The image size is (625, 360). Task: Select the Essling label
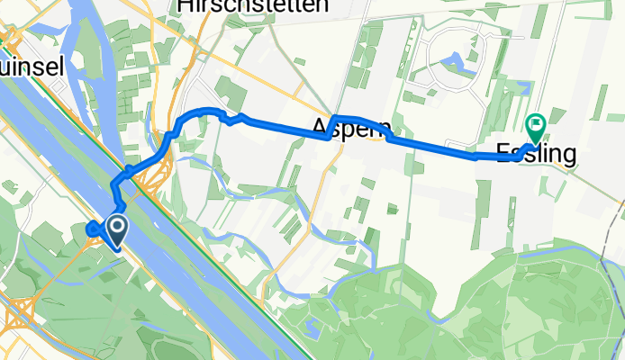coord(536,154)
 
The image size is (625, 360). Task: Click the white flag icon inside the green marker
coord(538,123)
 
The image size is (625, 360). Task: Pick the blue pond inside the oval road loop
coord(450,61)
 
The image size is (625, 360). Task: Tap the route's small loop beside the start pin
coord(93,229)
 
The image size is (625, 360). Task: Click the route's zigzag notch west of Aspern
coord(233,118)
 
